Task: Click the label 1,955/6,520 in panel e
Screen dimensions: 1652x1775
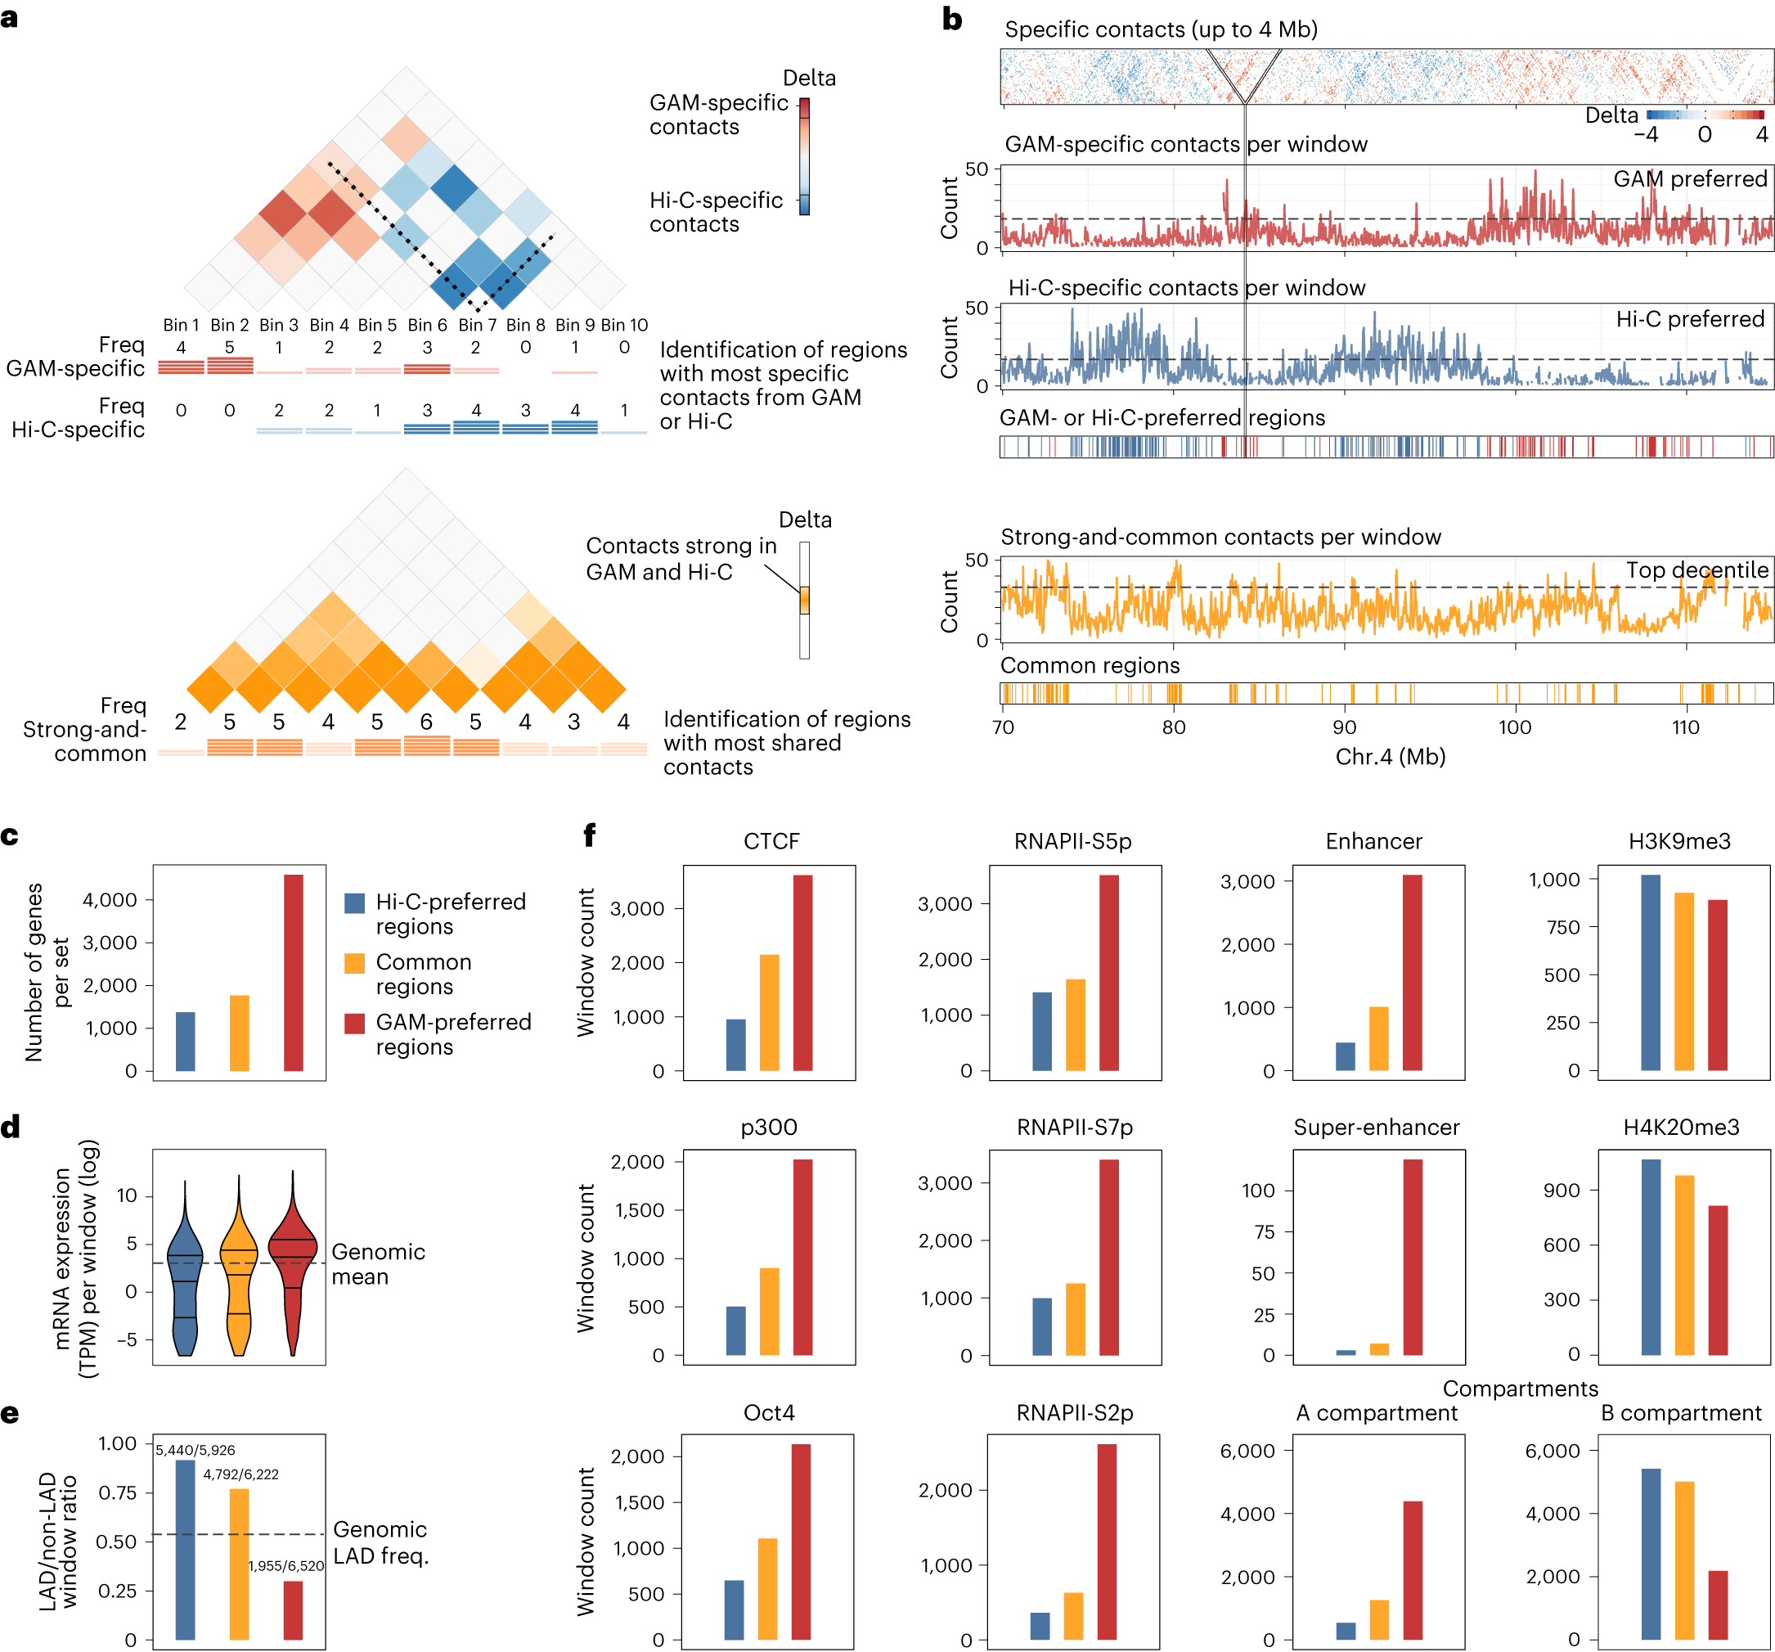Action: pos(285,1565)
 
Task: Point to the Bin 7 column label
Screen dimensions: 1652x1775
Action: pos(477,325)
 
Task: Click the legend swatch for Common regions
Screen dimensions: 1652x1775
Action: pos(354,962)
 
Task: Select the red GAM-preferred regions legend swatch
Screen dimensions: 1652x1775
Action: pos(354,1023)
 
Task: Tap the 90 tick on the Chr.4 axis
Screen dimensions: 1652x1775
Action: pos(1344,727)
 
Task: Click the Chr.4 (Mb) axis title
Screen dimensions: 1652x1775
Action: pos(1391,756)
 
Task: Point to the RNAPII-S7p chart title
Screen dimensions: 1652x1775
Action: pos(1074,1127)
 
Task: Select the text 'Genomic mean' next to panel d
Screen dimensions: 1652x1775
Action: pos(378,1263)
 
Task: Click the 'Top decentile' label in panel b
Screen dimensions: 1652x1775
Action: pos(1696,569)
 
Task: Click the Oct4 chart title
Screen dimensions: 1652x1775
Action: pos(769,1413)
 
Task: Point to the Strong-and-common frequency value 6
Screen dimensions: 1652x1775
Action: pos(426,722)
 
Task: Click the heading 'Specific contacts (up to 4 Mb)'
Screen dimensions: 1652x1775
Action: pos(1161,29)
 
